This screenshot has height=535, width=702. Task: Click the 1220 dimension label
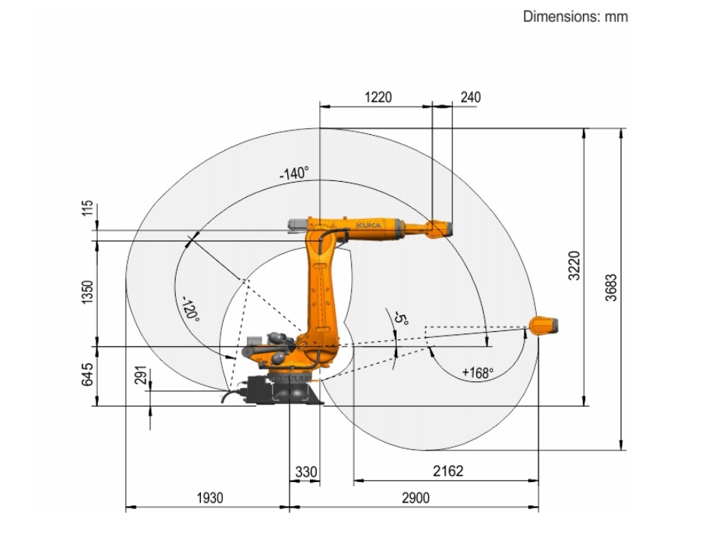[x=378, y=97]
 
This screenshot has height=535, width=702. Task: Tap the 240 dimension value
[x=471, y=97]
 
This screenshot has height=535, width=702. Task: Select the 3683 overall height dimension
[x=611, y=287]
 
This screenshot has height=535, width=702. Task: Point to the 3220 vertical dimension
[x=574, y=265]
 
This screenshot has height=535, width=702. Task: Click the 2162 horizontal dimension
[x=448, y=471]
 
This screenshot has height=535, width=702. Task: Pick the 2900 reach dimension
[x=415, y=498]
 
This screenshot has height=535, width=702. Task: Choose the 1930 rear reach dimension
[x=210, y=498]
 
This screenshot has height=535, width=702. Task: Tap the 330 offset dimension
[x=306, y=472]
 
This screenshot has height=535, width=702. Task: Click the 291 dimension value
[x=140, y=375]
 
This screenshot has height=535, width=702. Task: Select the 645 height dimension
[x=87, y=374]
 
